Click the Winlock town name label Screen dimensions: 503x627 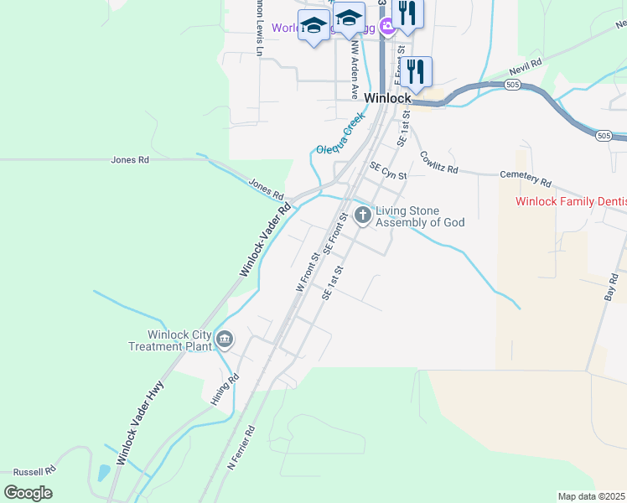[387, 97]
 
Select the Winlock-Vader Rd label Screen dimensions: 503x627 [265, 240]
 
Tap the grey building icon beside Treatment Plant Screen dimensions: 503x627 [225, 340]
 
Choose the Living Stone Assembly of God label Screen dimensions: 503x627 [419, 216]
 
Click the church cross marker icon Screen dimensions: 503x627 [363, 216]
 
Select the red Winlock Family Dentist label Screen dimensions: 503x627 [571, 201]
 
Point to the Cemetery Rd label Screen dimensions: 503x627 [526, 179]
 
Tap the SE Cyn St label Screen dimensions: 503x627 [388, 172]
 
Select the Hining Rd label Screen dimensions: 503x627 [225, 389]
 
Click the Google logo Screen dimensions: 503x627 [28, 493]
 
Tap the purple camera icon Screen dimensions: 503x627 [386, 27]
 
